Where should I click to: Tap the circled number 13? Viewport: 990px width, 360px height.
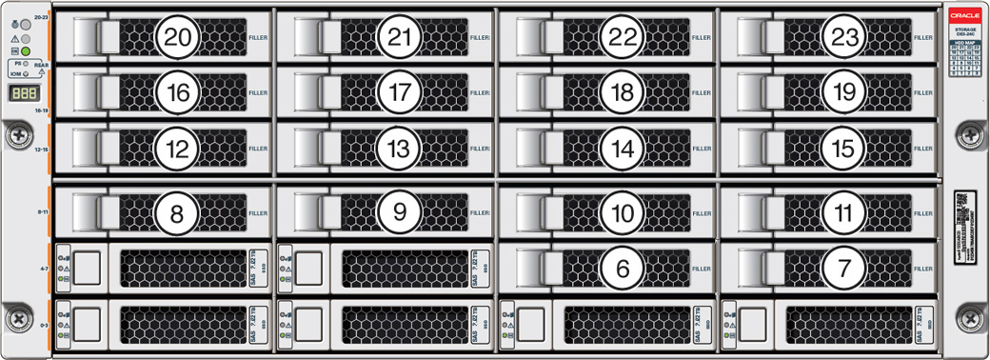coord(399,149)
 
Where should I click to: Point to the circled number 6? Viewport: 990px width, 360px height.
coord(623,269)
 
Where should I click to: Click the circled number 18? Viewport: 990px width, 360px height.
coord(623,92)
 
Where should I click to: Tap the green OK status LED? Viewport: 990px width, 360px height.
coord(27,50)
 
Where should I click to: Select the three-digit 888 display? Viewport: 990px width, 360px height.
coord(25,94)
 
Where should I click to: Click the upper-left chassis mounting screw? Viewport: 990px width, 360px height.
coord(17,136)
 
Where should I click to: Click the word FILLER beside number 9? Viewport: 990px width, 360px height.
coord(480,212)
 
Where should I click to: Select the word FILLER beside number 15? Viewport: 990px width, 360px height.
coord(923,149)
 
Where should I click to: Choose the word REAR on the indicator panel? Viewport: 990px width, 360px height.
coord(41,66)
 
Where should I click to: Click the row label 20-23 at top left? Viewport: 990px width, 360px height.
coord(40,17)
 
